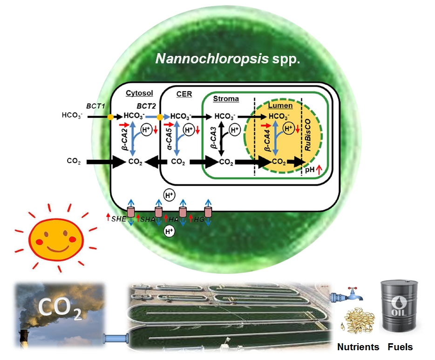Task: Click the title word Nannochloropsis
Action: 212,59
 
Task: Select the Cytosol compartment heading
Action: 139,93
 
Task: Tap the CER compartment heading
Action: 184,94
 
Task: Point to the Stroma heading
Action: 226,99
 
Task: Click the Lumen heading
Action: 280,105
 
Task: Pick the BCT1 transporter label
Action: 96,106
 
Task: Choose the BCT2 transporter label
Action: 146,106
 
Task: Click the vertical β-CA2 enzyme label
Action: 124,139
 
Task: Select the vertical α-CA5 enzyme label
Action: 169,139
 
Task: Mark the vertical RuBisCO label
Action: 308,135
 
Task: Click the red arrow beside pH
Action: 319,170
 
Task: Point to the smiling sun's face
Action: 56,240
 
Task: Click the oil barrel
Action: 399,306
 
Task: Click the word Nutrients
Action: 358,346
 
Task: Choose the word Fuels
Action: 400,346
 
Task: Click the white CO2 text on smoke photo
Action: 60,308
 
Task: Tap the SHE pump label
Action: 119,219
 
